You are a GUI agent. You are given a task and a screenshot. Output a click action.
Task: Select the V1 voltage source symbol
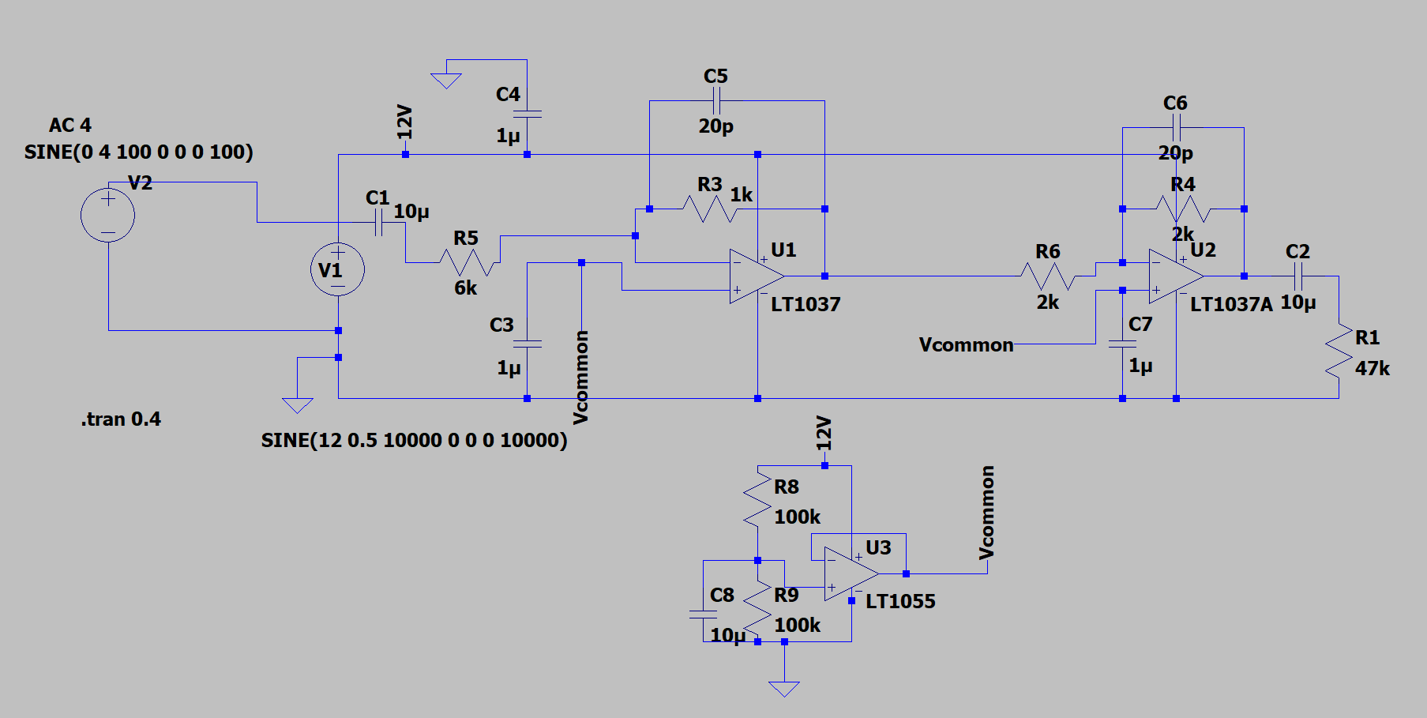pos(337,269)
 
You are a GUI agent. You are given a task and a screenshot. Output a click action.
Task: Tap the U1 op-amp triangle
pos(757,276)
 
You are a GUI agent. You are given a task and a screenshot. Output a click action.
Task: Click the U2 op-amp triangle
pos(1177,276)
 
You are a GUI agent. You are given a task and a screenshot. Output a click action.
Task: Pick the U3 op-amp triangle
pos(851,573)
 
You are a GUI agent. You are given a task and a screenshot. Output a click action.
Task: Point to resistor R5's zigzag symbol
pos(469,262)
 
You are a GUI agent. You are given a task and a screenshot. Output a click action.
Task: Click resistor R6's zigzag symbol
pos(1047,276)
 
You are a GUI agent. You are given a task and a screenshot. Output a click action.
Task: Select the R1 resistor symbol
pos(1339,351)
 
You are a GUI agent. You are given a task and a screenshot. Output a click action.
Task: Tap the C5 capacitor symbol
pos(716,100)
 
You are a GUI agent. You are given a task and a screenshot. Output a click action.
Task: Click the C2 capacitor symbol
pos(1298,276)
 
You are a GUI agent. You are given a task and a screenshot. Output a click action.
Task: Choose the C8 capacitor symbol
pos(703,614)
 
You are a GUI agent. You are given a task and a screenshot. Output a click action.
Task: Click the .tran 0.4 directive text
pos(121,419)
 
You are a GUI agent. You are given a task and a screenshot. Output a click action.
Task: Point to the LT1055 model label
pos(900,601)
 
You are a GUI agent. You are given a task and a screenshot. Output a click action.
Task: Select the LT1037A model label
pos(1231,304)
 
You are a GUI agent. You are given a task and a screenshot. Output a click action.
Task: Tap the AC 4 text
pos(70,126)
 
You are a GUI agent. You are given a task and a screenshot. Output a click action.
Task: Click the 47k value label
pos(1373,368)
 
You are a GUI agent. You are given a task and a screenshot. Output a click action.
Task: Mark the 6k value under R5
pos(466,288)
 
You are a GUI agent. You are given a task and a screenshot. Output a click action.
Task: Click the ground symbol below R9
pos(783,689)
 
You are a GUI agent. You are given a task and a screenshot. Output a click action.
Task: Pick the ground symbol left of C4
pos(446,81)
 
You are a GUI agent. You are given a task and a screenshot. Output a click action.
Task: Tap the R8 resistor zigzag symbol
pos(757,498)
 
